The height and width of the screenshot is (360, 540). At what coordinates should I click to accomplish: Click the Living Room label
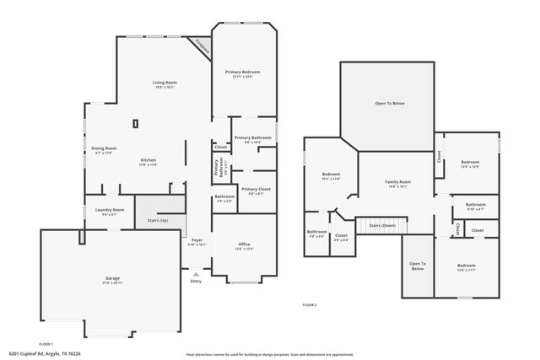pos(164,83)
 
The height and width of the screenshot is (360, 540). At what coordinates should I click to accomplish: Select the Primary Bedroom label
pos(242,73)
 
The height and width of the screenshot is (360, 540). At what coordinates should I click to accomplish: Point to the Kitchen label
pos(148,160)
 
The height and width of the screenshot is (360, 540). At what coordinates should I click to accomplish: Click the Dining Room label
pos(104,148)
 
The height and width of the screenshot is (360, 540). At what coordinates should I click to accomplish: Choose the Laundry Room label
pos(111,210)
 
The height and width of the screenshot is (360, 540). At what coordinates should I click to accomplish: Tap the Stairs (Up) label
pos(158,220)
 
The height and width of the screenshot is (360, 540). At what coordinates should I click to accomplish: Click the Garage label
pos(112,278)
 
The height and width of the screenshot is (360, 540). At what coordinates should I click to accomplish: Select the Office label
pos(244,244)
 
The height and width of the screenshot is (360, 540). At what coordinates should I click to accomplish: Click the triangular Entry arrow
pos(196,274)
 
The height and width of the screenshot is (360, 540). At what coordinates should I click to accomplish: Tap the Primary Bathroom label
pos(252,137)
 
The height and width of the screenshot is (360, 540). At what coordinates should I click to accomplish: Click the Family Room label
pos(397,182)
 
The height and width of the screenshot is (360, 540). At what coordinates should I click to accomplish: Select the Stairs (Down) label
pos(381,225)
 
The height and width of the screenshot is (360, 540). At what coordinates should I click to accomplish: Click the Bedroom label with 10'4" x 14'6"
pos(331,175)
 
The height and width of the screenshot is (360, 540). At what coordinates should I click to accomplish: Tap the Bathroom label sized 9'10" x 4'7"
pos(476,204)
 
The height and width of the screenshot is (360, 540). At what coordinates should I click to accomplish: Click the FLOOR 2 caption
pos(310,304)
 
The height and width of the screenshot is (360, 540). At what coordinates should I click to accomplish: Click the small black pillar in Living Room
pos(135,124)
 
